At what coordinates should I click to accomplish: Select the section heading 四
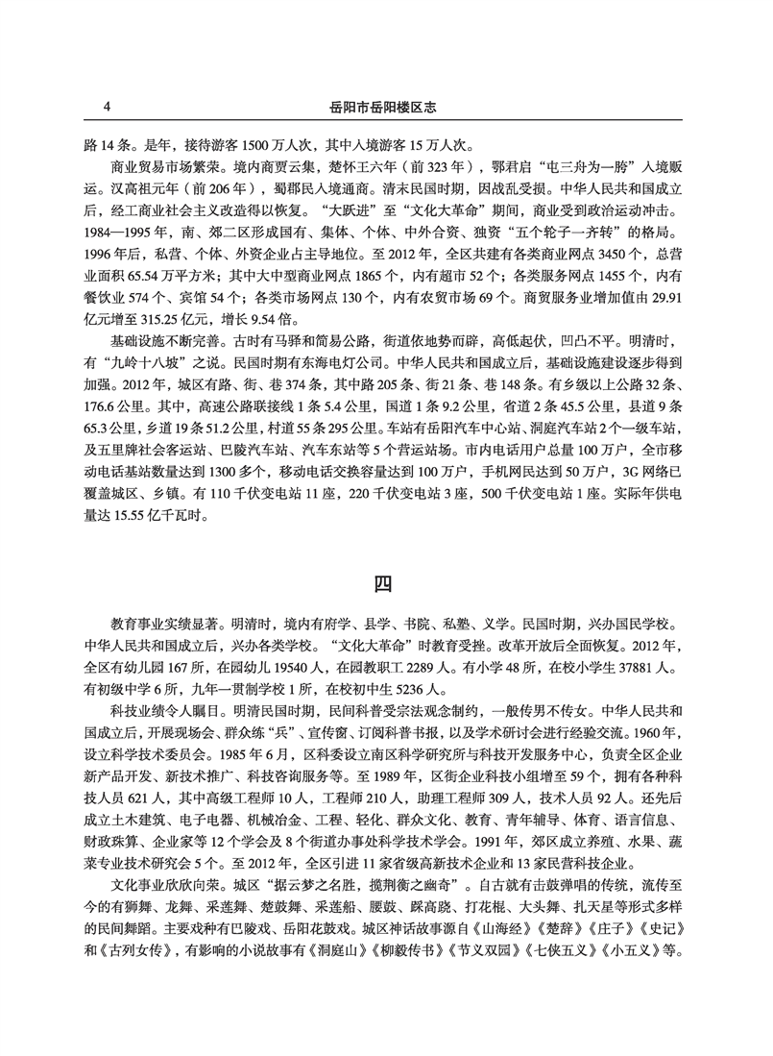click(384, 582)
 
